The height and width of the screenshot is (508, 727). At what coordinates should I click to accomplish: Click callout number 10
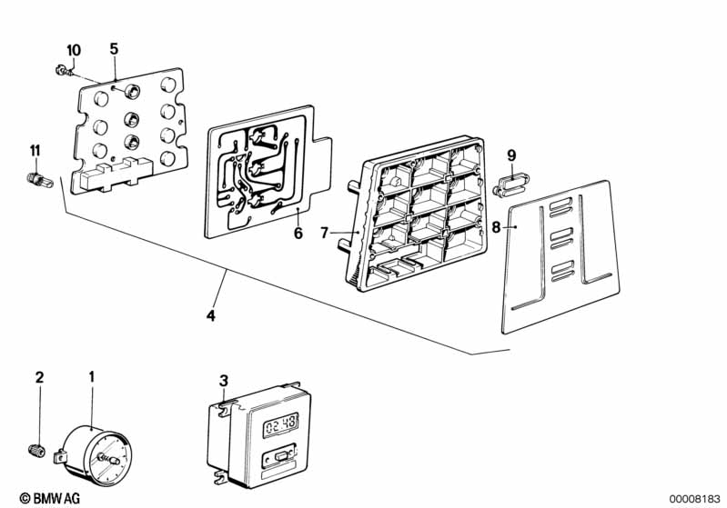click(x=74, y=48)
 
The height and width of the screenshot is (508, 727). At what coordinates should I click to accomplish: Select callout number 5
click(x=114, y=48)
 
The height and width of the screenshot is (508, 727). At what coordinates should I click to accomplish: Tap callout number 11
click(x=35, y=150)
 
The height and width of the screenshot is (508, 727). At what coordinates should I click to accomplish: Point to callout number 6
click(x=297, y=233)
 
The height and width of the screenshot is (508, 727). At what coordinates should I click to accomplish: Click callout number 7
click(x=323, y=234)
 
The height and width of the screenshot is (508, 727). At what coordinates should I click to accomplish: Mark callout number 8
click(x=496, y=227)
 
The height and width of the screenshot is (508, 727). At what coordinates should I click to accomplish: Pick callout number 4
click(x=211, y=316)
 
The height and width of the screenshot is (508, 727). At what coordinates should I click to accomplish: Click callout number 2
click(x=39, y=376)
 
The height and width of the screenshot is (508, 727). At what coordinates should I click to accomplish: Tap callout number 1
click(x=91, y=376)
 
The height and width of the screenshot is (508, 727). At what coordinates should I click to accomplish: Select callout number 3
click(x=224, y=380)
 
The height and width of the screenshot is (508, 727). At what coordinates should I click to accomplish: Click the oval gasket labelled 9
click(x=510, y=187)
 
